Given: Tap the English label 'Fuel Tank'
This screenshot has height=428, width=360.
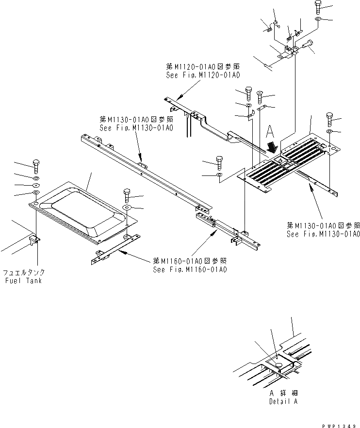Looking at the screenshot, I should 23,281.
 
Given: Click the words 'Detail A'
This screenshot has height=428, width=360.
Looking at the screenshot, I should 283,402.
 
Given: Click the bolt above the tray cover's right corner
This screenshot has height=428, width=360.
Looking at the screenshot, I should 127,194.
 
